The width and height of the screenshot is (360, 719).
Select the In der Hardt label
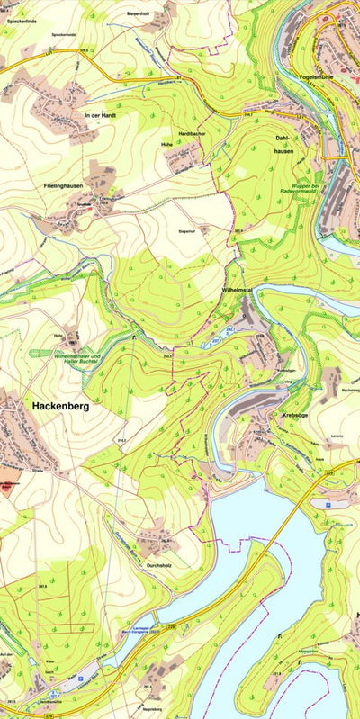(x=101, y=116)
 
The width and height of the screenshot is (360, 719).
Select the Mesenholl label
(x=138, y=14)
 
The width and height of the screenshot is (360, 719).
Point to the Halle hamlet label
(x=58, y=334)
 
